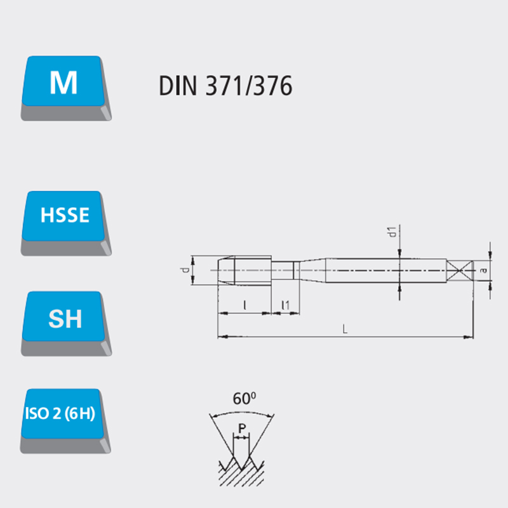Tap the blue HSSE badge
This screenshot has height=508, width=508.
pyautogui.click(x=64, y=215)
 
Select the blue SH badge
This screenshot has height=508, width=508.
pyautogui.click(x=65, y=318)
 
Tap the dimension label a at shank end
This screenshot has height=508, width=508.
pyautogui.click(x=484, y=270)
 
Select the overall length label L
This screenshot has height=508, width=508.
pyautogui.click(x=344, y=329)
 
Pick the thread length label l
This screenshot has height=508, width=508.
pyautogui.click(x=244, y=305)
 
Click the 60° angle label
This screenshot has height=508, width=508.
pyautogui.click(x=244, y=399)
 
